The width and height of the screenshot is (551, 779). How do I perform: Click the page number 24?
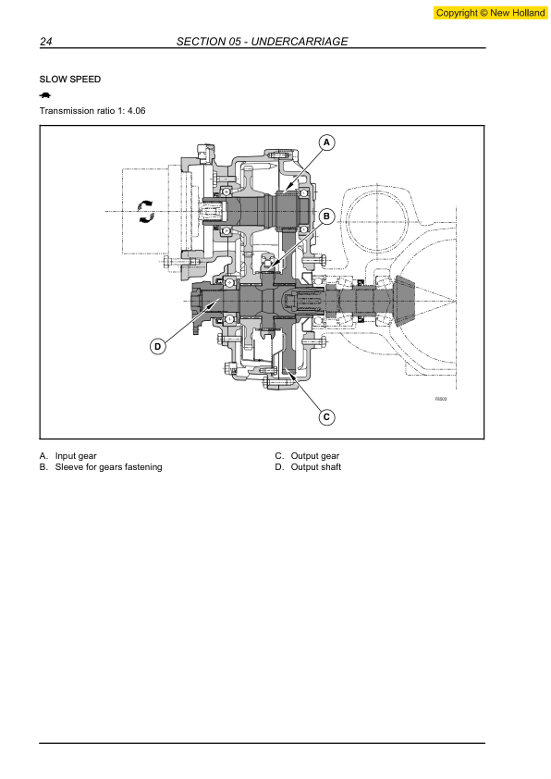point(45,42)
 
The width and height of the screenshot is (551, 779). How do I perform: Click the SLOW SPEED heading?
point(70,80)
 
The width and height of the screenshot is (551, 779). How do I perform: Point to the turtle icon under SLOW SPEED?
point(45,95)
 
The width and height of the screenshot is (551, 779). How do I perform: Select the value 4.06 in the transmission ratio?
point(134,111)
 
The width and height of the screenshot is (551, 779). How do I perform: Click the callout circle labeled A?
point(326,142)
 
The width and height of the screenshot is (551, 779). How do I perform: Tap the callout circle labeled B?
point(326,216)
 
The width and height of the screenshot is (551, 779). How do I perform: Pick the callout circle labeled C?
point(326,417)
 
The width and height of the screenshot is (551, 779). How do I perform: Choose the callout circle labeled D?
point(158,346)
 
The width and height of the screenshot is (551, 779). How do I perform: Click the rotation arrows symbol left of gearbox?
point(145,210)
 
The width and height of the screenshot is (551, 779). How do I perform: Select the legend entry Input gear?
point(75,455)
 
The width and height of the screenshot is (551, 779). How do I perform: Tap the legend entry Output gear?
point(314,455)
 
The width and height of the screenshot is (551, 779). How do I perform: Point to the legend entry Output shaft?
point(315,467)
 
